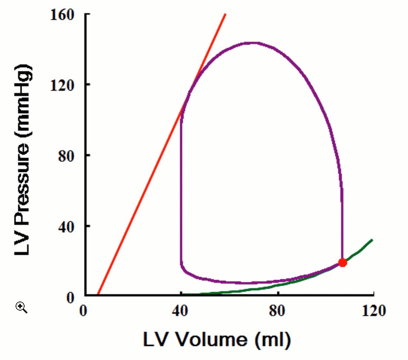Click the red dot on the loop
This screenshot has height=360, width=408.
[342, 263]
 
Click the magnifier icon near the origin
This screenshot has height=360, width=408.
[22, 307]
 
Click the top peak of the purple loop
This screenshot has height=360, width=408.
[253, 43]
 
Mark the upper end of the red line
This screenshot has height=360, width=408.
[226, 14]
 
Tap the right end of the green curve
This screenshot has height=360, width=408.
[372, 240]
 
